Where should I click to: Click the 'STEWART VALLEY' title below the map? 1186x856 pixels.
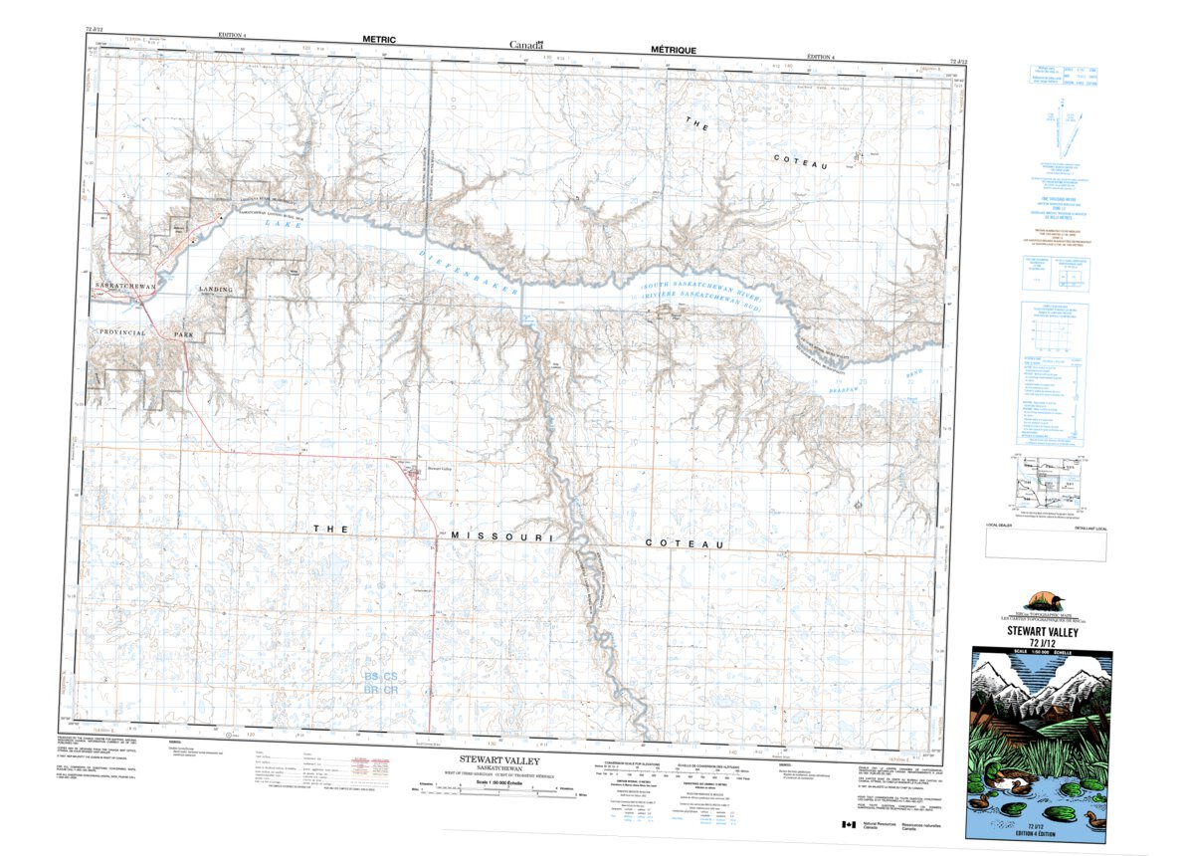coord(504,758)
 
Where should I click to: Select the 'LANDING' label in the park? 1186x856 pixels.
coord(216,290)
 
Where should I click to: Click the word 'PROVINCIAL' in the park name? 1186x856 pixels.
coord(121,332)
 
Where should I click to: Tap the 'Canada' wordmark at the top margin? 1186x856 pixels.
coord(526,44)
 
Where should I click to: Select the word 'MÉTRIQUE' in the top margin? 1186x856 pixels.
coord(674,49)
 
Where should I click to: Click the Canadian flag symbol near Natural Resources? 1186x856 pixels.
coord(848,825)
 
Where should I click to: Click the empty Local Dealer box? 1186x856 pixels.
coord(1046,544)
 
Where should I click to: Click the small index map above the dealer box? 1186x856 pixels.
coord(1045,485)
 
